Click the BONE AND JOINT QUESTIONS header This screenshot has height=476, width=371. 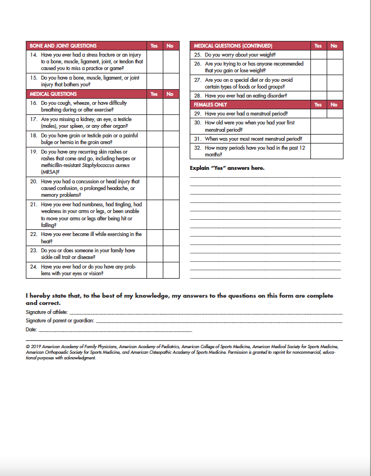63,46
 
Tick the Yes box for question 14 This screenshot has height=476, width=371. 154,62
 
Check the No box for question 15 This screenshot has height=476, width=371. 171,81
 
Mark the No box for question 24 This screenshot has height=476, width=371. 171,270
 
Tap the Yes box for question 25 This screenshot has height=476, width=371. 318,55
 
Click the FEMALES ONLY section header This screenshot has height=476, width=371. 210,105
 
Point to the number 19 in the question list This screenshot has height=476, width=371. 33,152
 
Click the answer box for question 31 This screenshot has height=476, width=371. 326,139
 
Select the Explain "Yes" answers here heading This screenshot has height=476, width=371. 227,168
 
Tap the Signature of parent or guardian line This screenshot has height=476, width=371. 219,322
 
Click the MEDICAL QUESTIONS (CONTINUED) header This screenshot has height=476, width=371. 233,46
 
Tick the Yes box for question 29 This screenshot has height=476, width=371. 318,113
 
